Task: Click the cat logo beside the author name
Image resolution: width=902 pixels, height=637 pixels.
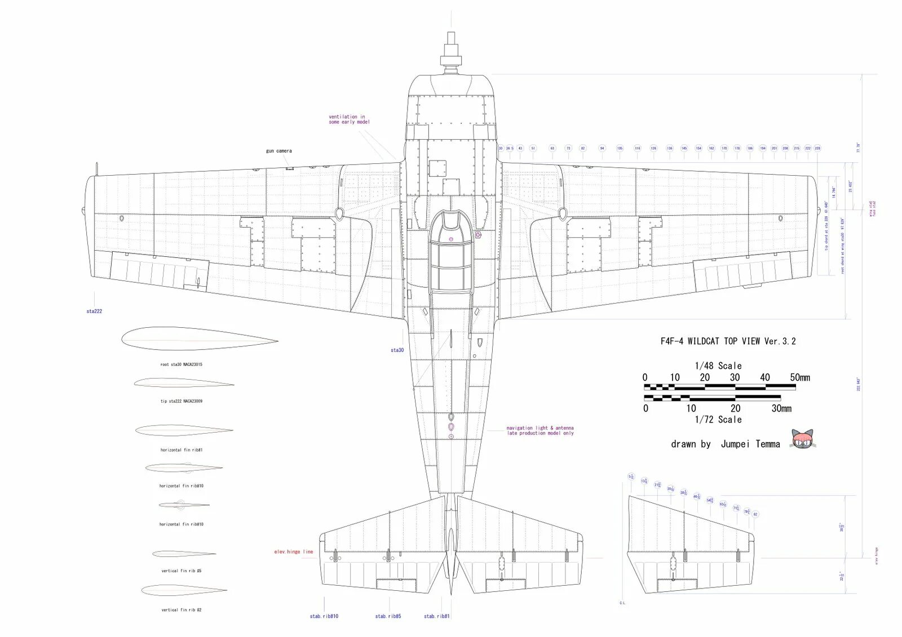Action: pyautogui.click(x=802, y=439)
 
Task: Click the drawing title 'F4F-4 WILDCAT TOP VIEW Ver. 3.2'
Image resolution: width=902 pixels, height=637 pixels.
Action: pyautogui.click(x=728, y=341)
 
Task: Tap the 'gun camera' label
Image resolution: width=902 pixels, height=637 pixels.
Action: pyautogui.click(x=279, y=151)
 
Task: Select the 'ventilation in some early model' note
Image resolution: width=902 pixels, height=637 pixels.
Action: pyautogui.click(x=349, y=119)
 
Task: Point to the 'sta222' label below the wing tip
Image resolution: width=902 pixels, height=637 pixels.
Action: pyautogui.click(x=94, y=311)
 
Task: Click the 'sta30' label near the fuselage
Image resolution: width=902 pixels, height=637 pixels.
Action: pyautogui.click(x=397, y=350)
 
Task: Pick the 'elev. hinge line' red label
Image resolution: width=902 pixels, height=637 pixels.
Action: pyautogui.click(x=293, y=552)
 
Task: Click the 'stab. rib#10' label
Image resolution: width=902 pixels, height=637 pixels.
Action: pyautogui.click(x=324, y=616)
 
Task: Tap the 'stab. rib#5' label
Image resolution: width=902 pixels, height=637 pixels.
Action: pyautogui.click(x=388, y=616)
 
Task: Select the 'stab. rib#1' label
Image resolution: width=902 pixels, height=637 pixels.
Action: pyautogui.click(x=437, y=616)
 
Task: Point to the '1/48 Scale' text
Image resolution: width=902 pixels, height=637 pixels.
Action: pyautogui.click(x=718, y=366)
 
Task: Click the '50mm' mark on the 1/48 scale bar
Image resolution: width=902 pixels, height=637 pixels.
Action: pyautogui.click(x=800, y=378)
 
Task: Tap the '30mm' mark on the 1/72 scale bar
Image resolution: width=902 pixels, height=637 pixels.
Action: pyautogui.click(x=781, y=409)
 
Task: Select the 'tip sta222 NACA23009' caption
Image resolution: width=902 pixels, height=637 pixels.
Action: pyautogui.click(x=181, y=402)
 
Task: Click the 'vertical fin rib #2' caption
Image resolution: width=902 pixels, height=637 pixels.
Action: pyautogui.click(x=181, y=610)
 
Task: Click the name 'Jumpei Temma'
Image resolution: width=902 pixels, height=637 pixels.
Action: pyautogui.click(x=750, y=444)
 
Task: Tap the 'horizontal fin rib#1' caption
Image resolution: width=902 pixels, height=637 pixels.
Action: pyautogui.click(x=181, y=450)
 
